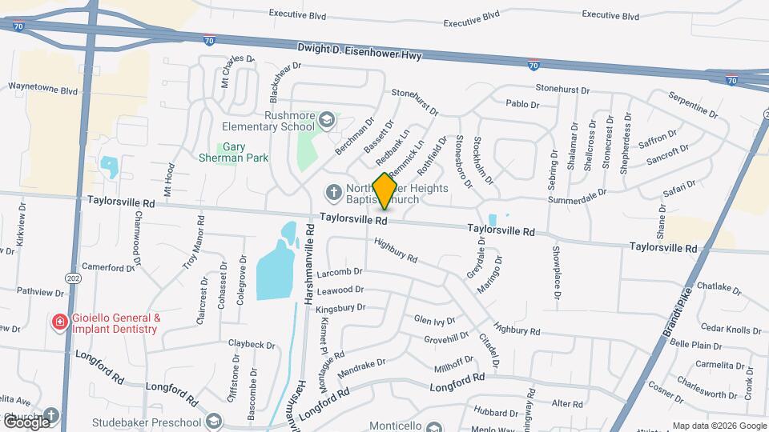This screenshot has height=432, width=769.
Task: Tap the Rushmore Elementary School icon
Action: [326, 120]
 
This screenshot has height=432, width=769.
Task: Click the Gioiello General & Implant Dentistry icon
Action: [58, 322]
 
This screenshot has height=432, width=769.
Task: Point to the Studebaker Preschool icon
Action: [214, 421]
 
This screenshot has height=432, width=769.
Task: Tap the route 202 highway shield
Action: [74, 278]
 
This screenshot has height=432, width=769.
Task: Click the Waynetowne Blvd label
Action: [41, 86]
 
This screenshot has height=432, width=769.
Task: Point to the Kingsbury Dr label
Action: [340, 306]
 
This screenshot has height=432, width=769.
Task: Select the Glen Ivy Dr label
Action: [434, 320]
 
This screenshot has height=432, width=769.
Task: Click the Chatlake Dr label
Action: [719, 286]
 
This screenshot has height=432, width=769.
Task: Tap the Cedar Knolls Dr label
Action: [731, 328]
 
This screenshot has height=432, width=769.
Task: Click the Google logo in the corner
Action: [26, 422]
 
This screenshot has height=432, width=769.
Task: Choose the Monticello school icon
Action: [434, 427]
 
